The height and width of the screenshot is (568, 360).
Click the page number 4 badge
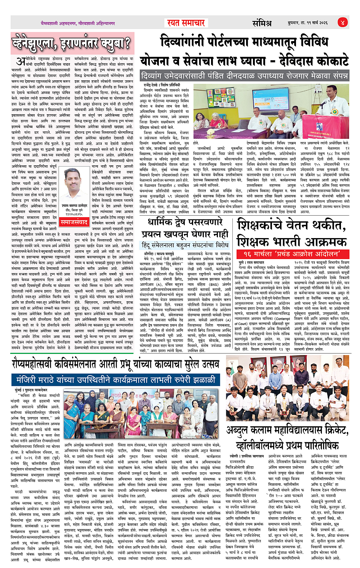342,22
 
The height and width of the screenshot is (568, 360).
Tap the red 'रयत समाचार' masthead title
186,23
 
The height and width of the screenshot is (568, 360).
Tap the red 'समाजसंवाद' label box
74,222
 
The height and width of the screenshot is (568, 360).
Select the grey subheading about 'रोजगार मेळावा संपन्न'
244,75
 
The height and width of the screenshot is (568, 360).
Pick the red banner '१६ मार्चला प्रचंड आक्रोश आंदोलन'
293,254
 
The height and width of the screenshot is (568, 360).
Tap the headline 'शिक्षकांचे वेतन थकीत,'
291,226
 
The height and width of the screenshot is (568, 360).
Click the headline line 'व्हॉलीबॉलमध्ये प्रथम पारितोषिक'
287,445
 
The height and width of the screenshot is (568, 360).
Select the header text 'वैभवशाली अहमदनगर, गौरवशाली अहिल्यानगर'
78,23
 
